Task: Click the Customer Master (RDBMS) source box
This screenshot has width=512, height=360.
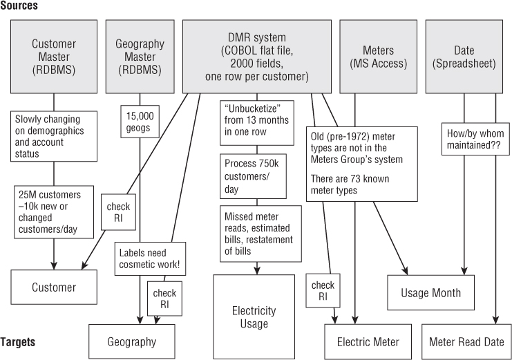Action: [x=54, y=57]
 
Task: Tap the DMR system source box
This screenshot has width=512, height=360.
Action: [x=256, y=57]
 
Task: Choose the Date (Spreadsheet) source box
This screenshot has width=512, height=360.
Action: [x=464, y=57]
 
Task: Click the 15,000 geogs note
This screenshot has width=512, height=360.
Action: [x=140, y=122]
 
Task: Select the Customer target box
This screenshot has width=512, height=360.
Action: [x=54, y=287]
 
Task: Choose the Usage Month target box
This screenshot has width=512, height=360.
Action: [x=430, y=293]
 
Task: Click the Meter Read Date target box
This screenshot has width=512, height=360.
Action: [x=466, y=341]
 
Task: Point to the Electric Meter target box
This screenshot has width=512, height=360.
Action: [x=368, y=341]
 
